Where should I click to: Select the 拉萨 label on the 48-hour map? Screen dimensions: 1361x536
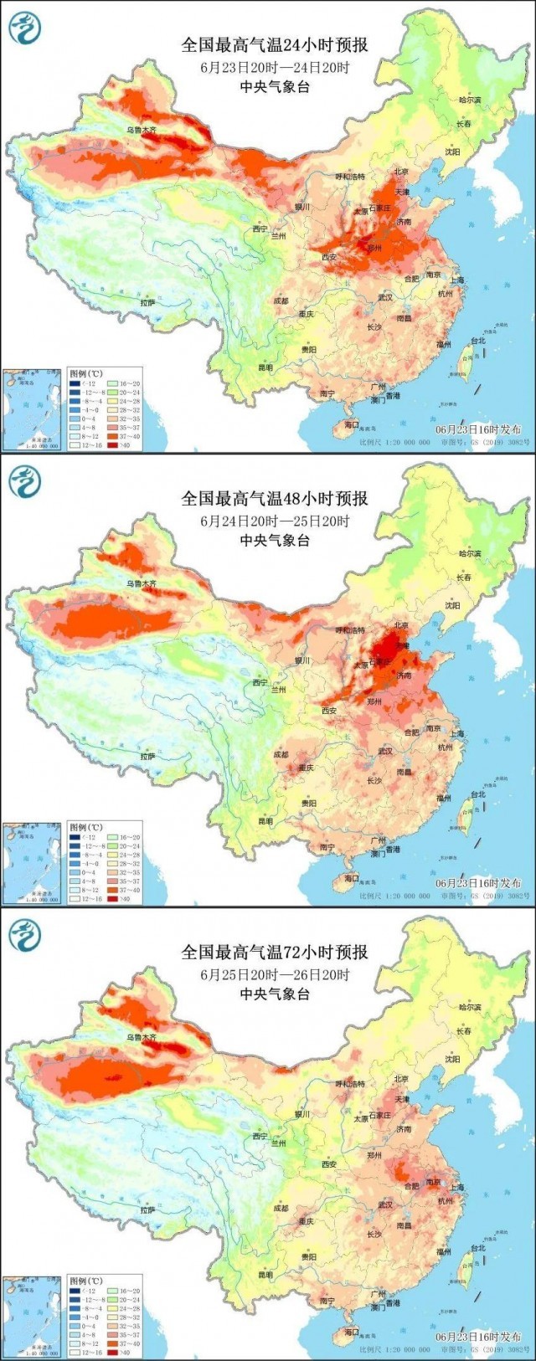(148, 756)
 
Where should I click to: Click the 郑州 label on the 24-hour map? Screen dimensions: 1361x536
(374, 248)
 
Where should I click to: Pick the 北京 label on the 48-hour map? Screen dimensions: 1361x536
(400, 625)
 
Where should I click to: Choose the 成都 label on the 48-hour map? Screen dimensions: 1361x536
(280, 754)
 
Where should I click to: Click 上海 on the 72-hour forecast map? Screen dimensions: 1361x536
(456, 1187)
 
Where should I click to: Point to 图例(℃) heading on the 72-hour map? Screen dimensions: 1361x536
(85, 1281)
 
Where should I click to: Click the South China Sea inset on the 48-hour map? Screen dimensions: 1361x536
(31, 862)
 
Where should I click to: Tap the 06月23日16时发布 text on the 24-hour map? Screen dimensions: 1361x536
(478, 429)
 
